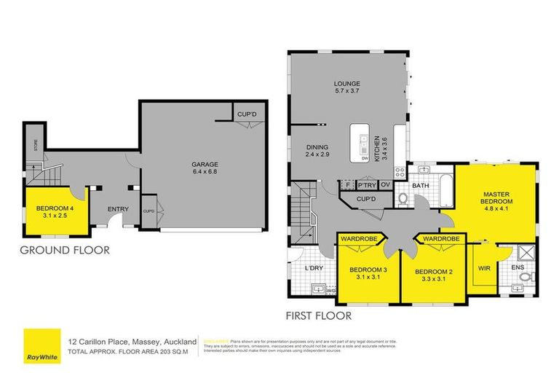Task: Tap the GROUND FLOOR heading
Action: [64, 250]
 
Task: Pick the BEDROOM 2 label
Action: [434, 272]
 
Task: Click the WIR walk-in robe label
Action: [483, 268]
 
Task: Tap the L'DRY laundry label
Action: [314, 268]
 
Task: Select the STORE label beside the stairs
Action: [33, 153]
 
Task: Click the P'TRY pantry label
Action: [366, 185]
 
